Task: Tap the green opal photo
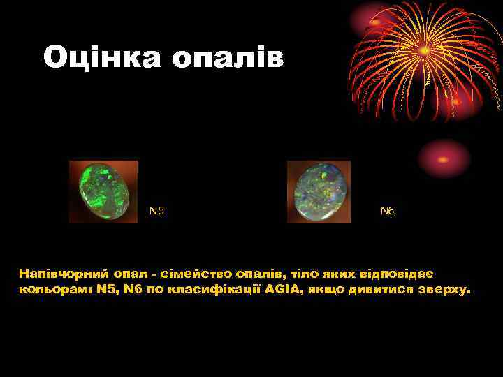pyautogui.click(x=103, y=191)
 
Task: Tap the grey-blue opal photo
pyautogui.click(x=319, y=191)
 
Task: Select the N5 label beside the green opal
pyautogui.click(x=157, y=210)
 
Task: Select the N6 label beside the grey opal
pyautogui.click(x=388, y=210)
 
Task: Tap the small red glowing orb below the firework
pyautogui.click(x=444, y=158)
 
